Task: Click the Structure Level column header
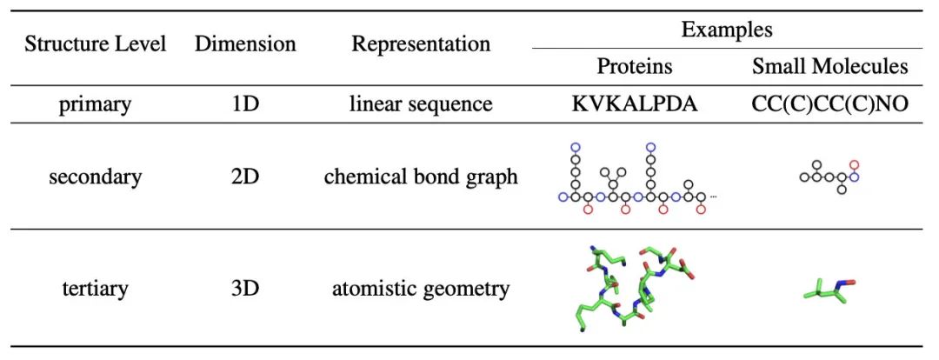coord(95,45)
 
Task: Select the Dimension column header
coord(245,45)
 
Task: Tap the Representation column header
coord(421,45)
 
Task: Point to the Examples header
coord(727,30)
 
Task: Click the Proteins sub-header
coord(635,66)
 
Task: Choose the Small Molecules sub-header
coord(829,66)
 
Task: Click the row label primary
coord(95,104)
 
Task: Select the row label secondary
coord(95,177)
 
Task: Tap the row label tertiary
coord(95,289)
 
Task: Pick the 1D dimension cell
coord(245,104)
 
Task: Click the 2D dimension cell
coord(245,177)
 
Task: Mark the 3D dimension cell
coord(245,289)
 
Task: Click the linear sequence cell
coord(421,104)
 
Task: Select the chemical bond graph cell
coord(421,177)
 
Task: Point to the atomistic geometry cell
coord(421,289)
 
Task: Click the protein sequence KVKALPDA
coord(635,104)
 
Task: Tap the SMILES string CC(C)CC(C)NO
coord(829,104)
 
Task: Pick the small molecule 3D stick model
coord(829,296)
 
